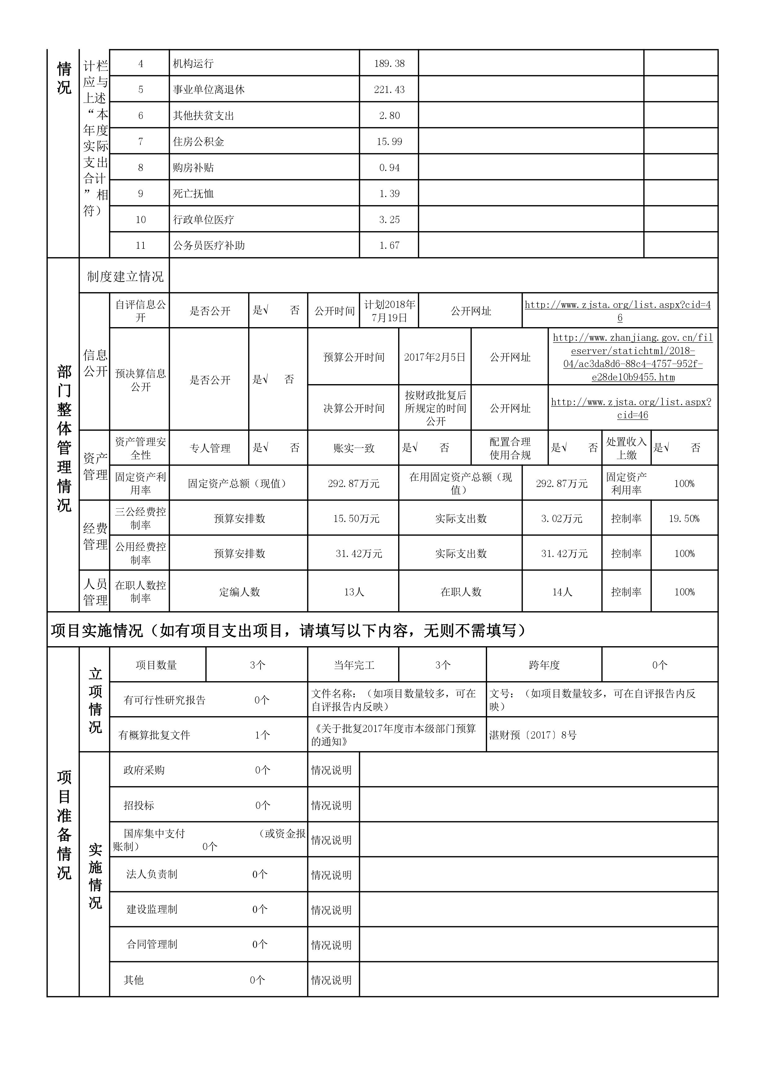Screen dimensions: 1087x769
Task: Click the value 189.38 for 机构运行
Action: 389,64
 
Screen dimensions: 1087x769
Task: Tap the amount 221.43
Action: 389,90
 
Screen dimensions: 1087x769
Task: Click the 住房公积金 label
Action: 198,142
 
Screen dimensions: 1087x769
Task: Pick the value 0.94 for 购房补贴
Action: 389,168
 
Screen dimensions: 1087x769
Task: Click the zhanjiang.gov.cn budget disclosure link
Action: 633,357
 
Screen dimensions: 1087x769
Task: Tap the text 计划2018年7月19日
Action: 389,311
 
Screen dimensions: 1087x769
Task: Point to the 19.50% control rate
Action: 684,518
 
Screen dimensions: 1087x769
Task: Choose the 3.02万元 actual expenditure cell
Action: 562,518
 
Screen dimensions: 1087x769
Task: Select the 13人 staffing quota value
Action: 354,592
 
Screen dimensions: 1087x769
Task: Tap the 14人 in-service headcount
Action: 562,592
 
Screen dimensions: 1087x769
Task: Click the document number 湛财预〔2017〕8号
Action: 533,735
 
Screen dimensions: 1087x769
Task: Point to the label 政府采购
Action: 144,770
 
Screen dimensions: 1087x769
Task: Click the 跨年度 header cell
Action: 544,665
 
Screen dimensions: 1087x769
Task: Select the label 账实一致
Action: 354,448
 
